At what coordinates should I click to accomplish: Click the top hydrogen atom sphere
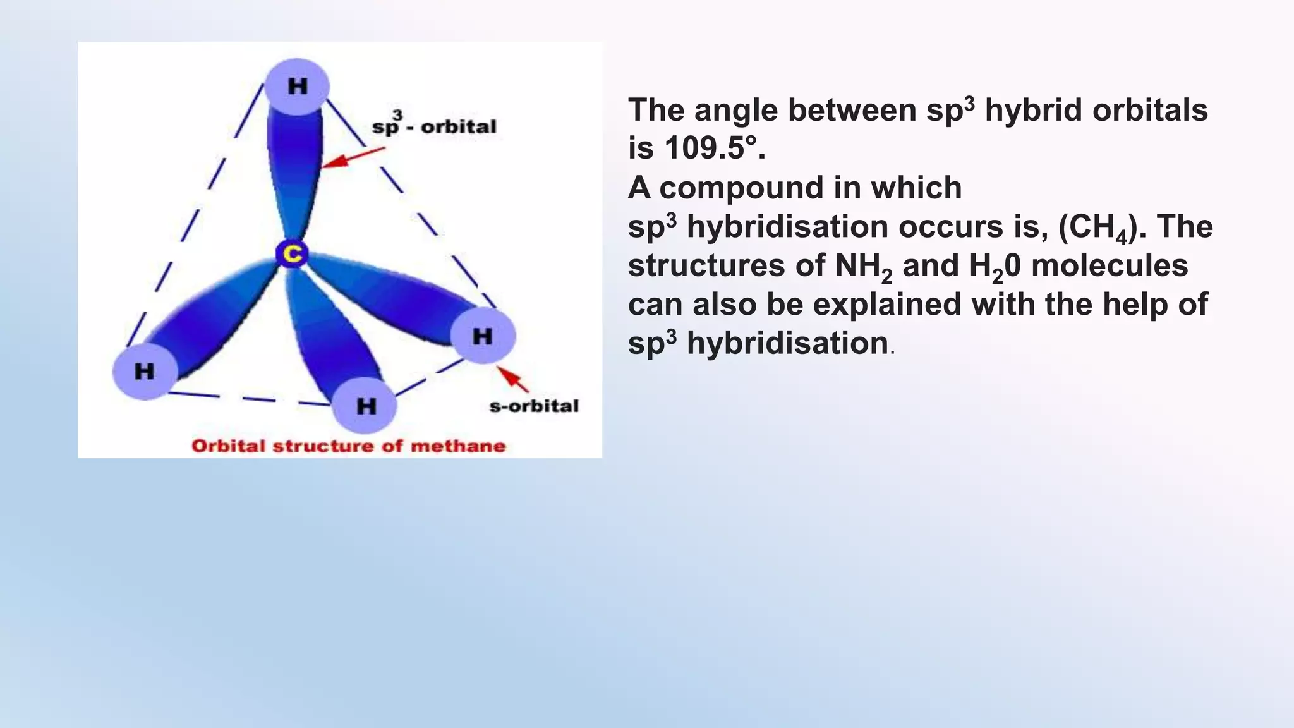point(296,86)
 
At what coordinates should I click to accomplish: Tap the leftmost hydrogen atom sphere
point(145,371)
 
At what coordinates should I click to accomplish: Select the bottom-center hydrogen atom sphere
point(365,405)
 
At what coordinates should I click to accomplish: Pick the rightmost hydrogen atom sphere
point(483,336)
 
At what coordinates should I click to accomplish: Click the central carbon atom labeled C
point(292,254)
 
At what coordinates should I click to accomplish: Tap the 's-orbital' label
point(534,406)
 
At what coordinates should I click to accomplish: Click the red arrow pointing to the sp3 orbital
point(353,157)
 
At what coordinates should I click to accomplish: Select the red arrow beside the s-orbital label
point(512,378)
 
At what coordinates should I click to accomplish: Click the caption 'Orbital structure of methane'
point(349,446)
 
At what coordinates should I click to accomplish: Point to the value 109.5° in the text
point(714,149)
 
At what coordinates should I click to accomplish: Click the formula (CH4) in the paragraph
point(1103,227)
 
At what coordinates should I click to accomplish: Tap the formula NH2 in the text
point(863,267)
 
